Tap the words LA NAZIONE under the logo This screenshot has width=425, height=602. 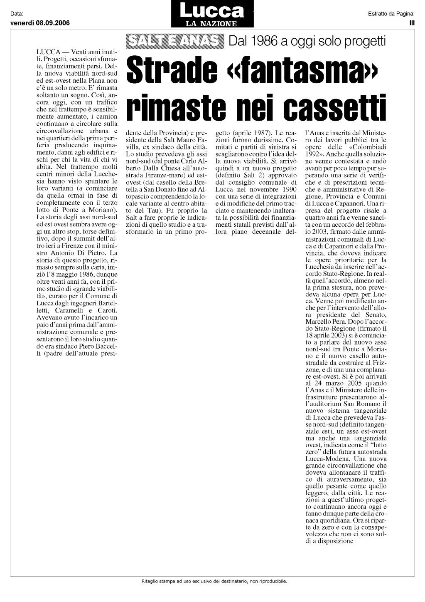point(212,24)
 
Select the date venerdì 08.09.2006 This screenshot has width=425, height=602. point(40,23)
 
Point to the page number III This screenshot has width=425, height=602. point(412,23)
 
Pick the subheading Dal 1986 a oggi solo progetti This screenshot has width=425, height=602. point(307,41)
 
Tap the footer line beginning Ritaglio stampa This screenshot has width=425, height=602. point(214,581)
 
